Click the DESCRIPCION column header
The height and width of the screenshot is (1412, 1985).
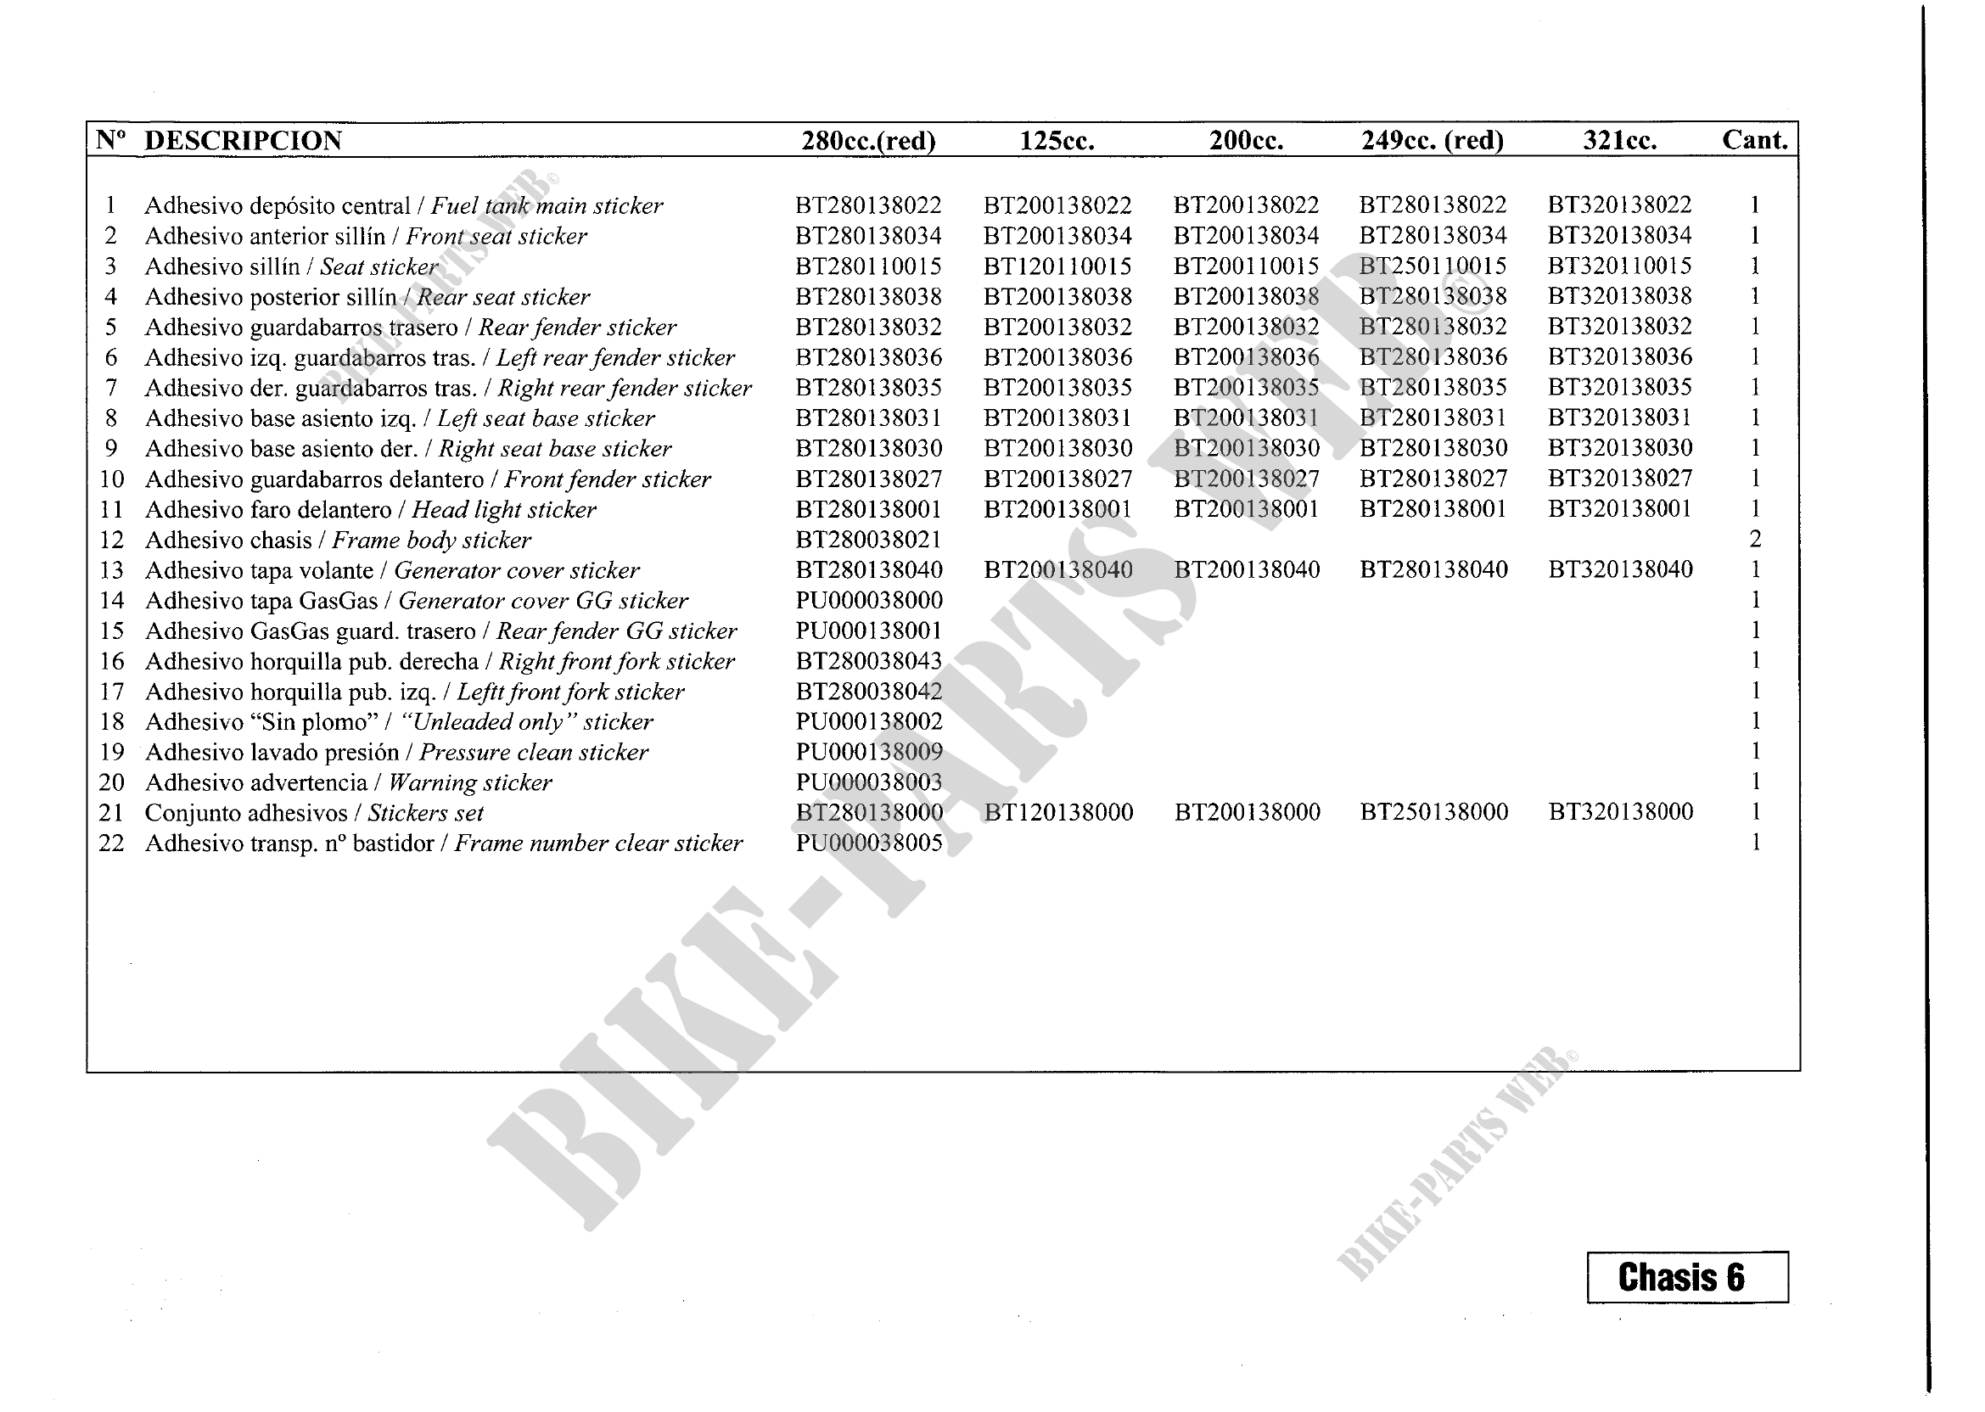tap(243, 141)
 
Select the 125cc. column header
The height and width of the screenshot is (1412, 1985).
tap(1057, 141)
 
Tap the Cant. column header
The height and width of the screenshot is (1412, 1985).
tap(1754, 140)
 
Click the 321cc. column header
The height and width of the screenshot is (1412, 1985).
tap(1619, 141)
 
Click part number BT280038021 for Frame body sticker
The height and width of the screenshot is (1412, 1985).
tap(867, 540)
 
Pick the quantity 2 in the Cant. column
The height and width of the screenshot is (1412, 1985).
tap(1754, 540)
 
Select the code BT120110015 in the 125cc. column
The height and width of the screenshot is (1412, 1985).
tap(1057, 266)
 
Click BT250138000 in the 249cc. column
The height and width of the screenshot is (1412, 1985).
tap(1433, 813)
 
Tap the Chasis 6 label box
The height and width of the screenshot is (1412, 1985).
tap(1687, 1277)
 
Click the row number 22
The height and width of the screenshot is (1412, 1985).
tap(111, 843)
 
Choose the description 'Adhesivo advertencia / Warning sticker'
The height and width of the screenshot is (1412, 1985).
tap(348, 782)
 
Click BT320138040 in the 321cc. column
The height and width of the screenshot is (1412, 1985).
tap(1620, 570)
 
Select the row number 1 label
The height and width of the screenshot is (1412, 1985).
tap(110, 206)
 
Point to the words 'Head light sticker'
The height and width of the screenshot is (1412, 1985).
tap(503, 509)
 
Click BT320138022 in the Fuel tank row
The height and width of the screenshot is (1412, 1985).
tap(1619, 205)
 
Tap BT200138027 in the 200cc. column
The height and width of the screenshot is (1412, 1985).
tap(1246, 479)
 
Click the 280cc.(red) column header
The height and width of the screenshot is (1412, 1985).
tap(867, 141)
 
